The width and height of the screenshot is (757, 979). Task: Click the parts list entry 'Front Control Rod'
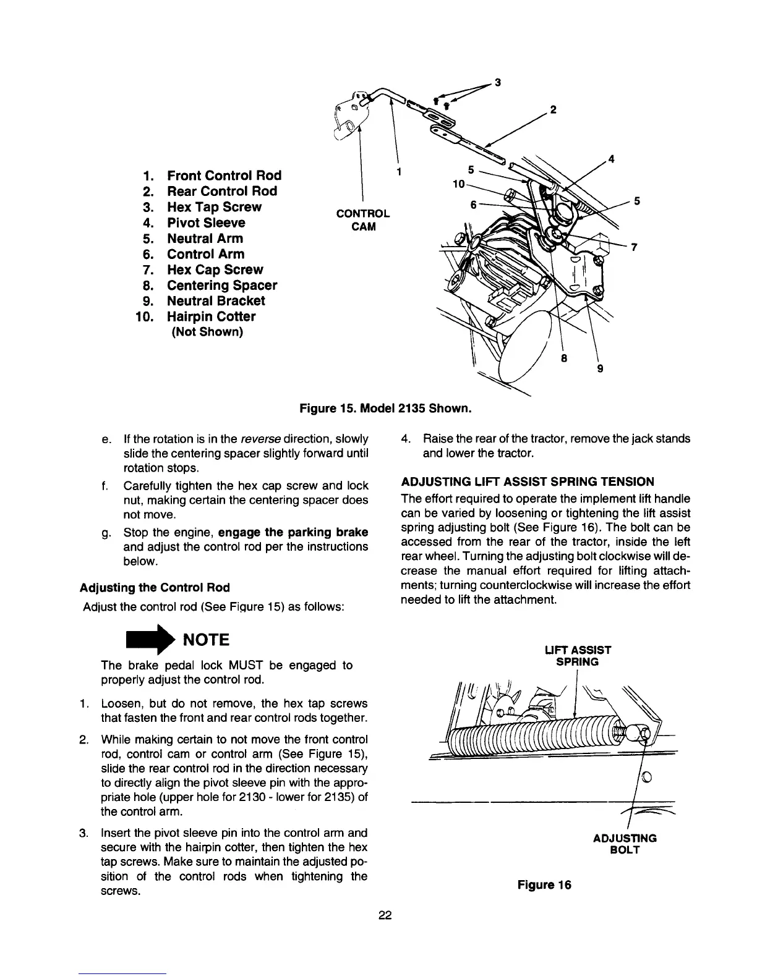click(224, 176)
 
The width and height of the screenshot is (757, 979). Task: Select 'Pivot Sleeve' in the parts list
click(206, 222)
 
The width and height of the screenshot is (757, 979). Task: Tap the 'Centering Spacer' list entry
click(221, 285)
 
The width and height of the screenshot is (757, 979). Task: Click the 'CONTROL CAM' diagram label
click(362, 219)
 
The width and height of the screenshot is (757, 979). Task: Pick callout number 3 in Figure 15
click(498, 82)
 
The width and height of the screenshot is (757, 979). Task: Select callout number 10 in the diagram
click(458, 184)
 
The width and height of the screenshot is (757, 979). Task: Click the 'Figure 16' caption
click(544, 884)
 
